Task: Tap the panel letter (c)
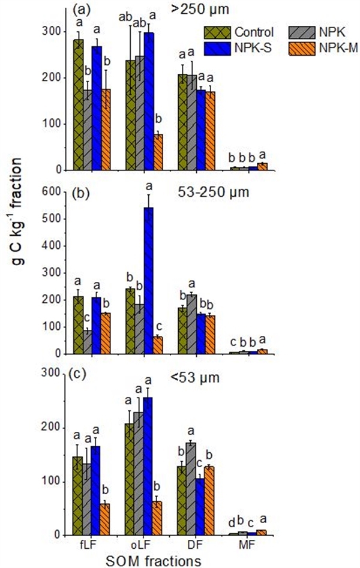80,378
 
